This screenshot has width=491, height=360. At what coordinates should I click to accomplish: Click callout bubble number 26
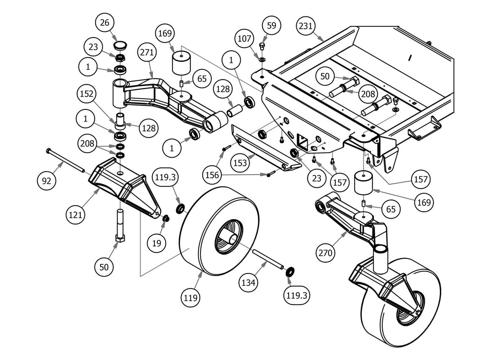(x=105, y=23)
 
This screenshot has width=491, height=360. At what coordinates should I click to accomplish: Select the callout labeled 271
(x=147, y=53)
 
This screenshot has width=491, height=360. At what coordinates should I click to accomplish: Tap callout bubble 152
(x=87, y=94)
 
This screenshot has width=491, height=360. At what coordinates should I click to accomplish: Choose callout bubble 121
(x=75, y=214)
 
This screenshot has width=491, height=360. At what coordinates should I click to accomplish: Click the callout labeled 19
(x=156, y=243)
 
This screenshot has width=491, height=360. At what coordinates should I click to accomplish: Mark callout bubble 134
(x=248, y=282)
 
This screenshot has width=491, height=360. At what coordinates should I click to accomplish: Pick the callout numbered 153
(x=240, y=163)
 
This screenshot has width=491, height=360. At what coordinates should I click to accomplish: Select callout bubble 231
(x=306, y=26)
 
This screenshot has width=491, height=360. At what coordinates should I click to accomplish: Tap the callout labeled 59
(x=271, y=25)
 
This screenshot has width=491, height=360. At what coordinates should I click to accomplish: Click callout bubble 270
(x=325, y=252)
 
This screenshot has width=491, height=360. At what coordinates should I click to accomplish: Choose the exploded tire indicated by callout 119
(x=217, y=231)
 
